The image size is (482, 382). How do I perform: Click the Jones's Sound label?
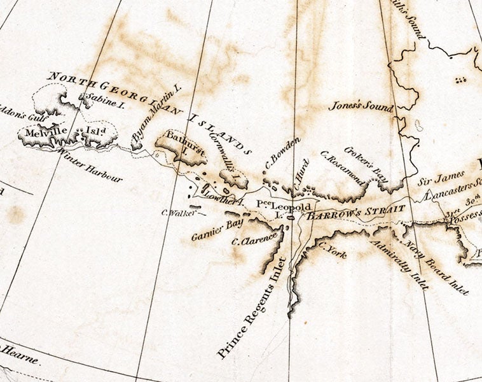(x=361, y=105)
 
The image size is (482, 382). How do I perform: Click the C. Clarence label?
(x=254, y=238)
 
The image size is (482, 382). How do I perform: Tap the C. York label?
(x=333, y=250)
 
